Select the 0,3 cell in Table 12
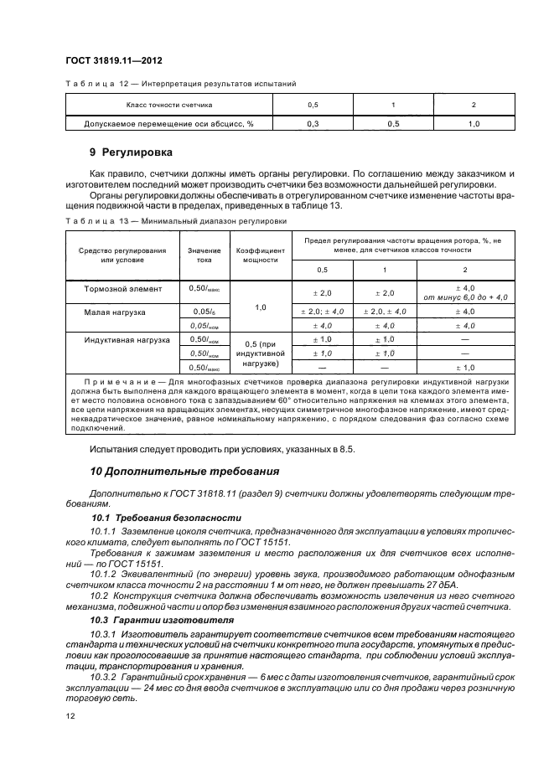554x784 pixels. pos(313,124)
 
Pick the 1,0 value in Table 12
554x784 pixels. pos(473,124)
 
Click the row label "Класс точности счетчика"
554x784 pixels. pos(168,106)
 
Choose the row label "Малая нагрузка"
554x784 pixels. pos(115,312)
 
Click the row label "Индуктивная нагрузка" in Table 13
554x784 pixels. pos(127,339)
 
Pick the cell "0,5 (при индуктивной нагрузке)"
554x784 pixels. pos(259,353)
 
